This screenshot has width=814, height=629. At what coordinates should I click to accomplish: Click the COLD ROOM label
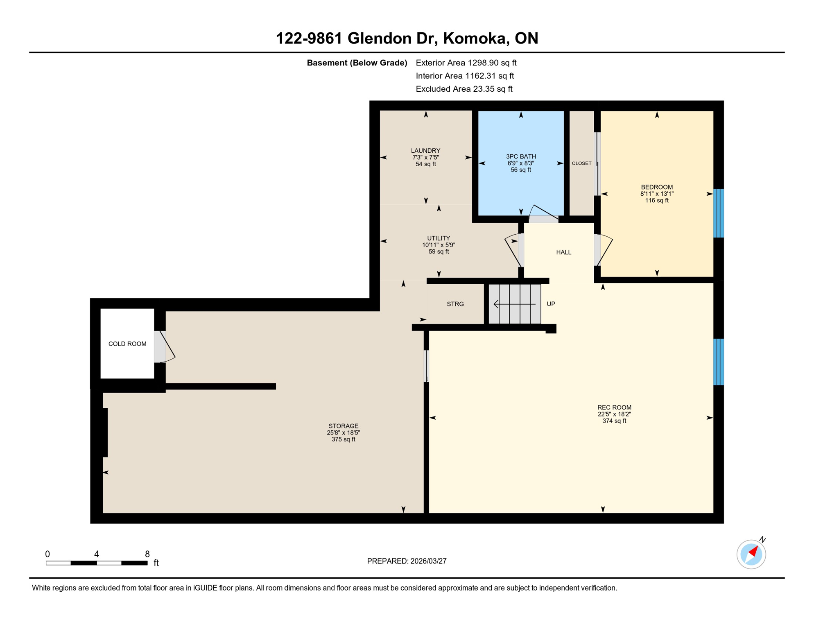pos(127,344)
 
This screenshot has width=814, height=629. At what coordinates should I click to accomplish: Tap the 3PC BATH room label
pos(521,156)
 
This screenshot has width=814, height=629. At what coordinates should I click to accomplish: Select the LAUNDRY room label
pos(425,151)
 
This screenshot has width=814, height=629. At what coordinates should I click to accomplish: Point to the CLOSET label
pos(581,163)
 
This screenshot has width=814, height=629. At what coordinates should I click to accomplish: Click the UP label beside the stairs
pos(551,304)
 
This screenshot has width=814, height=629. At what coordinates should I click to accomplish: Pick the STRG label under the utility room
pos(455,304)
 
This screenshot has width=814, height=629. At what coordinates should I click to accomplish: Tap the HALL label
pos(563,252)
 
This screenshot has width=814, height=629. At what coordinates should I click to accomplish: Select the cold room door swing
pos(166,347)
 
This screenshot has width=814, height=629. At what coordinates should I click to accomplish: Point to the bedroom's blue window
pos(719,213)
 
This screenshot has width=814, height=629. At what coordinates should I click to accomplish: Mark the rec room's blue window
pos(719,362)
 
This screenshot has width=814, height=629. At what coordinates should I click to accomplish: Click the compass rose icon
pos(751,554)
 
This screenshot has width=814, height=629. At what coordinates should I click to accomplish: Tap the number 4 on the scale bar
pos(97,554)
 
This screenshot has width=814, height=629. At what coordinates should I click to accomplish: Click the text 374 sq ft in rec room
pos(614,421)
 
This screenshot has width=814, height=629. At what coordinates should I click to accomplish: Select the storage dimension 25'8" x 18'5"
pos(343,433)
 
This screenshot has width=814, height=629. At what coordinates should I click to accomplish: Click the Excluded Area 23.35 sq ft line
pos(464,89)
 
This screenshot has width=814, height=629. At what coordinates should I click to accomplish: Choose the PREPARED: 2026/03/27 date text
pos(407,561)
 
